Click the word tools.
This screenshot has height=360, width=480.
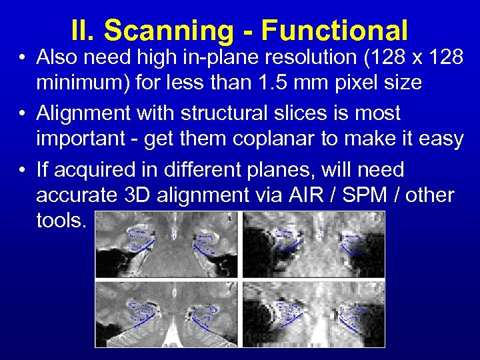point(61,221)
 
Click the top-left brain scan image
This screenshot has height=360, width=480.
point(167,244)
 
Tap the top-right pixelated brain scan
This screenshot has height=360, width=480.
point(314,244)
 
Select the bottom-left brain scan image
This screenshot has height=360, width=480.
point(167,313)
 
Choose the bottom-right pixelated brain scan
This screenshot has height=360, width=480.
point(314,313)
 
